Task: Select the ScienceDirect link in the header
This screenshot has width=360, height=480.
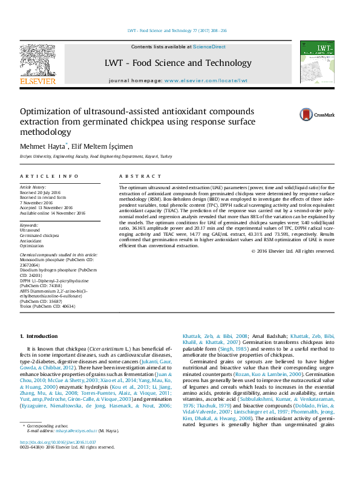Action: (x=209, y=47)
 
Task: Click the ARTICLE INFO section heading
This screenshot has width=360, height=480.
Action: (x=49, y=176)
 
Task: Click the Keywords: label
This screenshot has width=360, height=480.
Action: (x=30, y=224)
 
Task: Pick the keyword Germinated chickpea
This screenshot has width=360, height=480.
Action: (x=39, y=235)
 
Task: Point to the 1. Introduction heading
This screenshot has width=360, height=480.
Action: (x=39, y=336)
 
